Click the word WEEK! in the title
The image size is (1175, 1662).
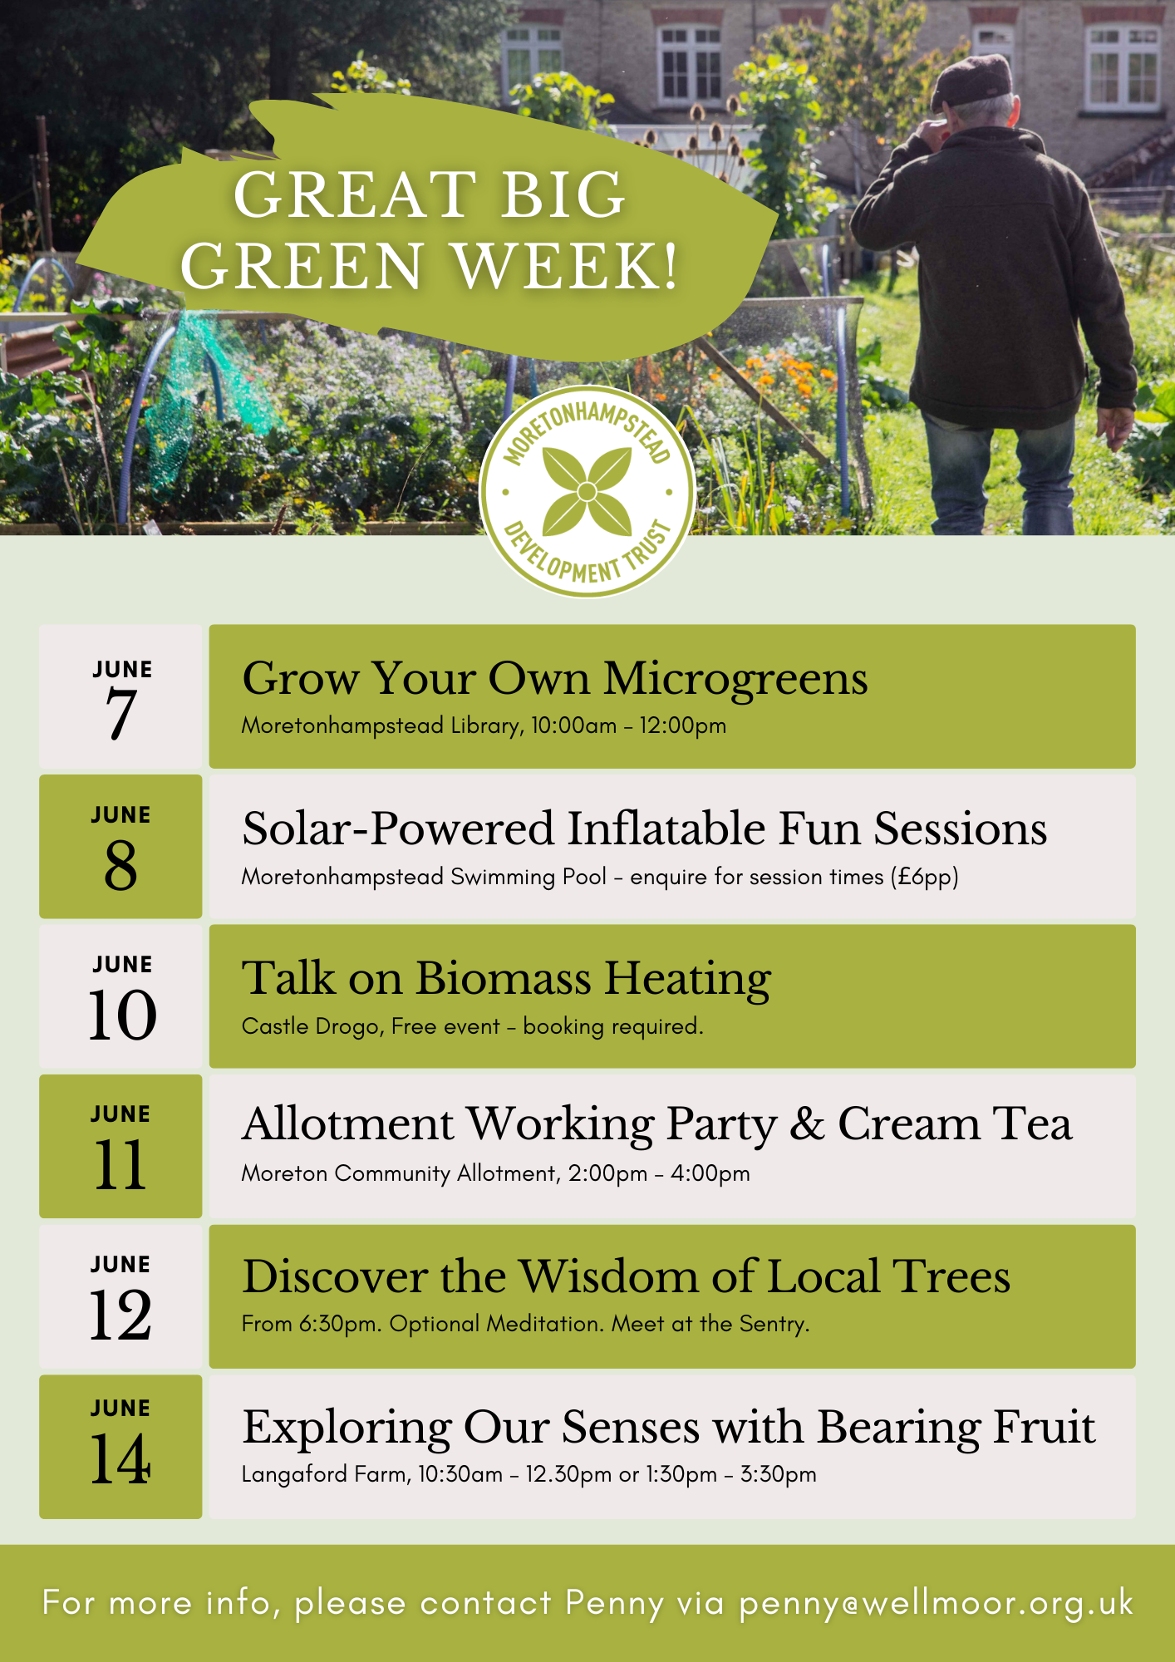[x=566, y=266]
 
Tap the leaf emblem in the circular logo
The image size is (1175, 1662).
[x=587, y=492]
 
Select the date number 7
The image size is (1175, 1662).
[x=120, y=714]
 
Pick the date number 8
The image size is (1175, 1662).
[x=120, y=864]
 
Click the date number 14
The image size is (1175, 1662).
[x=120, y=1459]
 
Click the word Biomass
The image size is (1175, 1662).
[x=503, y=978]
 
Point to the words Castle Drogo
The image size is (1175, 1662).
[x=310, y=1027]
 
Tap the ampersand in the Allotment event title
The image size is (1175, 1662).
[x=807, y=1124]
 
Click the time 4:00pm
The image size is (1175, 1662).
[x=710, y=1173]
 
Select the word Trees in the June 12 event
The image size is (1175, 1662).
[x=951, y=1276]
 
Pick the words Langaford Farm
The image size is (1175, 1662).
[x=325, y=1474]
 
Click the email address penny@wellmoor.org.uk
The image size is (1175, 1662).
[x=937, y=1603]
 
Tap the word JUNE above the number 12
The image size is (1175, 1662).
[x=121, y=1265]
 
